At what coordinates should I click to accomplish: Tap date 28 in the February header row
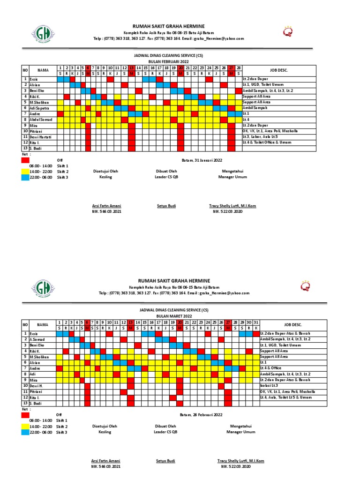tap(239, 67)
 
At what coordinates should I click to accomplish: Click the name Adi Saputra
tap(40, 108)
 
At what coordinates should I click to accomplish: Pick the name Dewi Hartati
tap(40, 136)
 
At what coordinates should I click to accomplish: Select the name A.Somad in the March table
tap(37, 339)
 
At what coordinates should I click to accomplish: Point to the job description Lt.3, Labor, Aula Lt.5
tap(263, 136)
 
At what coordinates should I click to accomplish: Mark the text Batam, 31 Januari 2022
tap(202, 160)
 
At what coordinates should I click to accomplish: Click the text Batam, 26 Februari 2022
tap(202, 415)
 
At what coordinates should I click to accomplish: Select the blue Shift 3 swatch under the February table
tap(24, 177)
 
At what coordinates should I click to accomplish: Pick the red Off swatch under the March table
tap(24, 415)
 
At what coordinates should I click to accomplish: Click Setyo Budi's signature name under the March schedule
tap(166, 461)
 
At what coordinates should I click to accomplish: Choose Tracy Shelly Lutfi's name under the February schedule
tap(232, 206)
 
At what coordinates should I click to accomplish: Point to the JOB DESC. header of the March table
tap(292, 324)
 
